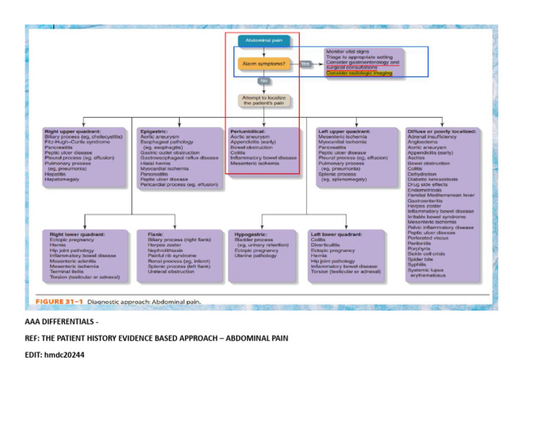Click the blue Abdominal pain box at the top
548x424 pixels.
[264, 41]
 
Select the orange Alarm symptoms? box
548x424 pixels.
[264, 64]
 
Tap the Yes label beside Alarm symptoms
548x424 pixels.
[305, 64]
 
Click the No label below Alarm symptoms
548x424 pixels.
[264, 81]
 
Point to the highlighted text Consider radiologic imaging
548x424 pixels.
[359, 73]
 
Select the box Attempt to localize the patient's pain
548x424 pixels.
[264, 100]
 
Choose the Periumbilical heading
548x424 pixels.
[247, 132]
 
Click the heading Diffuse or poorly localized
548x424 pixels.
[442, 132]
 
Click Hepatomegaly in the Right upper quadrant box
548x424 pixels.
[65, 178]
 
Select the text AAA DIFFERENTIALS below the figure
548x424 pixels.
[60, 323]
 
